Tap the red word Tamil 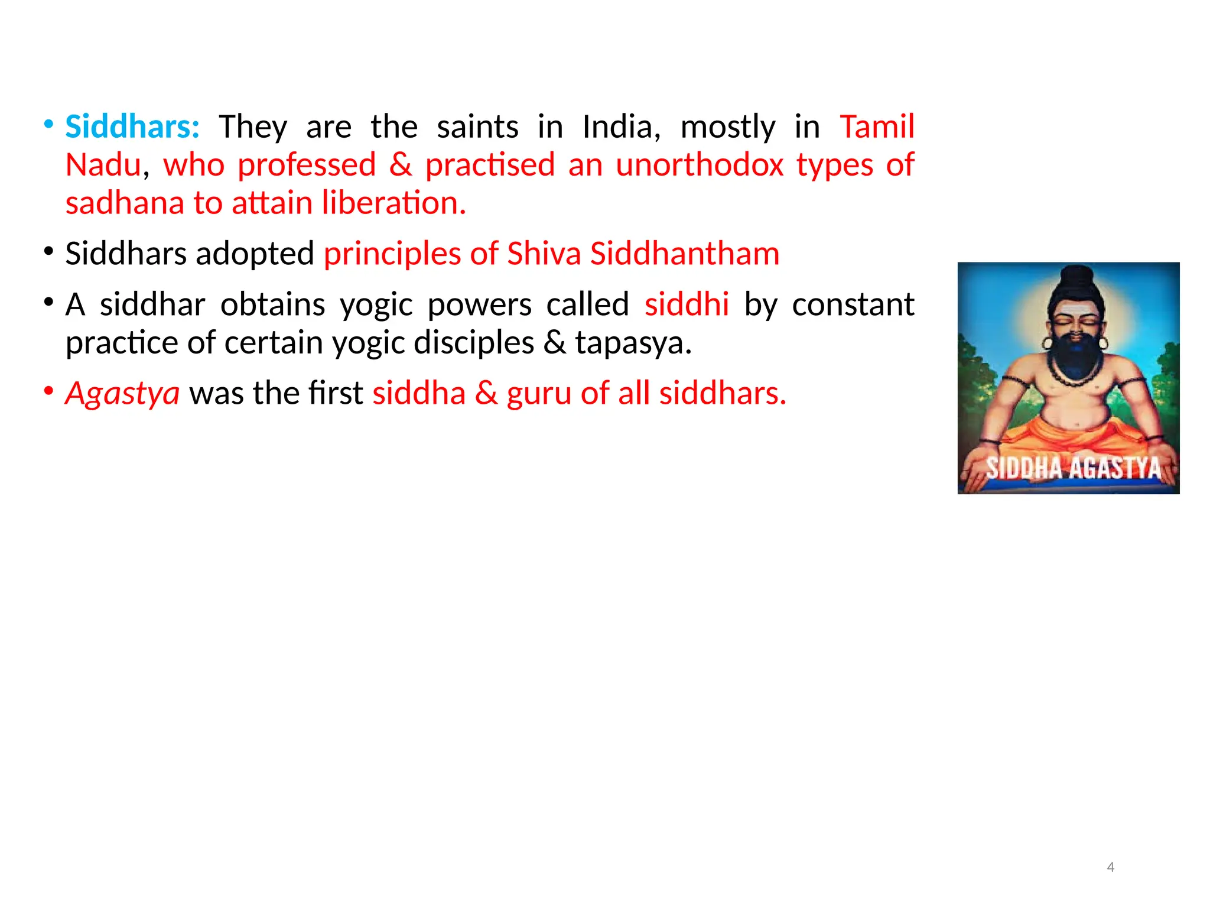pyautogui.click(x=877, y=127)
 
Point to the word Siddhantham pyautogui.click(x=685, y=254)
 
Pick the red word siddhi pyautogui.click(x=687, y=304)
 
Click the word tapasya pyautogui.click(x=633, y=343)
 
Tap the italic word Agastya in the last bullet pyautogui.click(x=122, y=393)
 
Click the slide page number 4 pyautogui.click(x=1111, y=867)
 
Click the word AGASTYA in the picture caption pyautogui.click(x=1115, y=468)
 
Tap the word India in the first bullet pyautogui.click(x=621, y=127)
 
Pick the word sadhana pyautogui.click(x=125, y=203)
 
